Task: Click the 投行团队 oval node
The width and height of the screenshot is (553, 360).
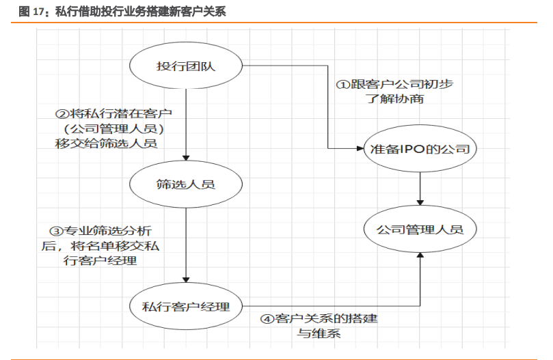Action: pyautogui.click(x=187, y=66)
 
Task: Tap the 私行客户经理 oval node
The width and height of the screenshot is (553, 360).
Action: pyautogui.click(x=187, y=305)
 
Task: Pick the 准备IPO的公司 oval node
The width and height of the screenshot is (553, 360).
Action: pyautogui.click(x=420, y=148)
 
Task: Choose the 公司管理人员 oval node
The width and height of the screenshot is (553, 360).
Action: pyautogui.click(x=420, y=229)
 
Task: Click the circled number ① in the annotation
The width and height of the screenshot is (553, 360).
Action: pyautogui.click(x=342, y=85)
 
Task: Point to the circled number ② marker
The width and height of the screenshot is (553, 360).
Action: pyautogui.click(x=61, y=113)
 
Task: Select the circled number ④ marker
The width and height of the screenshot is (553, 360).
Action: pyautogui.click(x=267, y=319)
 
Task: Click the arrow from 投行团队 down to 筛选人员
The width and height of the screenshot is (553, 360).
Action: pyautogui.click(x=187, y=123)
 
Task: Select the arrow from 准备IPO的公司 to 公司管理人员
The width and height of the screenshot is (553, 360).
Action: pyautogui.click(x=420, y=188)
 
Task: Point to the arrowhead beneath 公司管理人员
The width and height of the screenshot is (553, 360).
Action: pyautogui.click(x=420, y=255)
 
